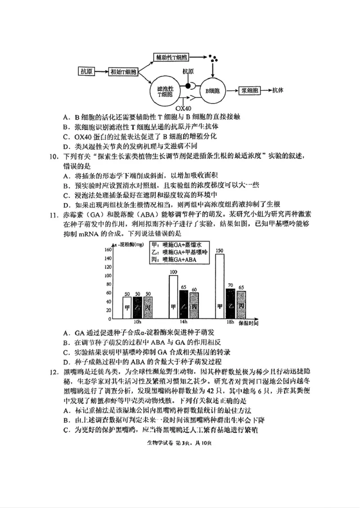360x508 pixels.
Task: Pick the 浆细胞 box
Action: tap(249, 90)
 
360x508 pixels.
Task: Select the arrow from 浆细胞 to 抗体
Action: tap(266, 90)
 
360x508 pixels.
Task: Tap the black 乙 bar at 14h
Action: tap(184, 306)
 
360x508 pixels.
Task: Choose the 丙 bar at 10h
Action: tap(148, 309)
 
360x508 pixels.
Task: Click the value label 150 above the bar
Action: tap(220, 251)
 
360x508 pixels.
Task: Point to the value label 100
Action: tap(173, 272)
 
